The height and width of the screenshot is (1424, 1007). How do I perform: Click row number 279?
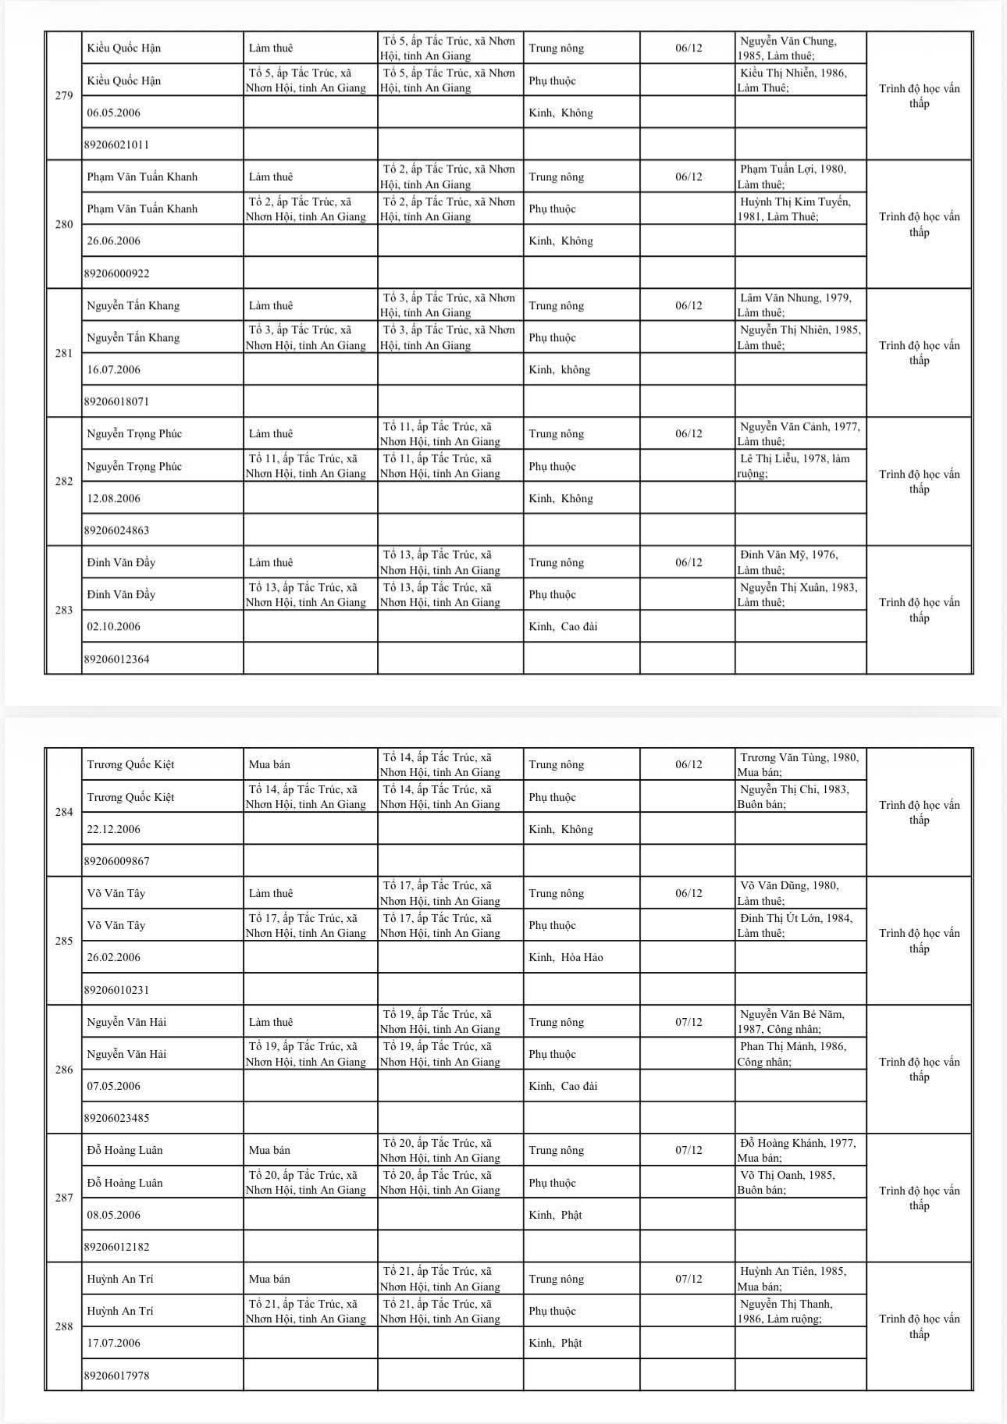(x=64, y=96)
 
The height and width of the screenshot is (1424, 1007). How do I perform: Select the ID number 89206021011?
(x=116, y=144)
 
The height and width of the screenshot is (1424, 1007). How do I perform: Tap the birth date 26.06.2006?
(x=114, y=240)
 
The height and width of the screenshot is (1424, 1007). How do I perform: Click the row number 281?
(x=64, y=353)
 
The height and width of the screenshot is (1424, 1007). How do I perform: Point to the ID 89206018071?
(x=116, y=401)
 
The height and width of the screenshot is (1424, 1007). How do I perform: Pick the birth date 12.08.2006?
(x=114, y=498)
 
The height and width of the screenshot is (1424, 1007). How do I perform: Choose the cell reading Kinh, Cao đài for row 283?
(x=563, y=626)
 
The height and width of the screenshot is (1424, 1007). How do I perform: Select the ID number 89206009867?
(x=116, y=861)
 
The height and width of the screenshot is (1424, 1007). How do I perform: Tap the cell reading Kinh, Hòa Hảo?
(x=565, y=957)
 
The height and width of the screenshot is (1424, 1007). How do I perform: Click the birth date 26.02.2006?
(x=114, y=957)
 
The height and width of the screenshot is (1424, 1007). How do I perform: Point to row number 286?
(x=64, y=1070)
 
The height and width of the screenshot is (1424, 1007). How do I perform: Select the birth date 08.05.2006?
(x=114, y=1215)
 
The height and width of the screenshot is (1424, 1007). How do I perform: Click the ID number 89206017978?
(x=116, y=1376)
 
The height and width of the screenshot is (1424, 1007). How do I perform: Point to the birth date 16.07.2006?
(x=114, y=369)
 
